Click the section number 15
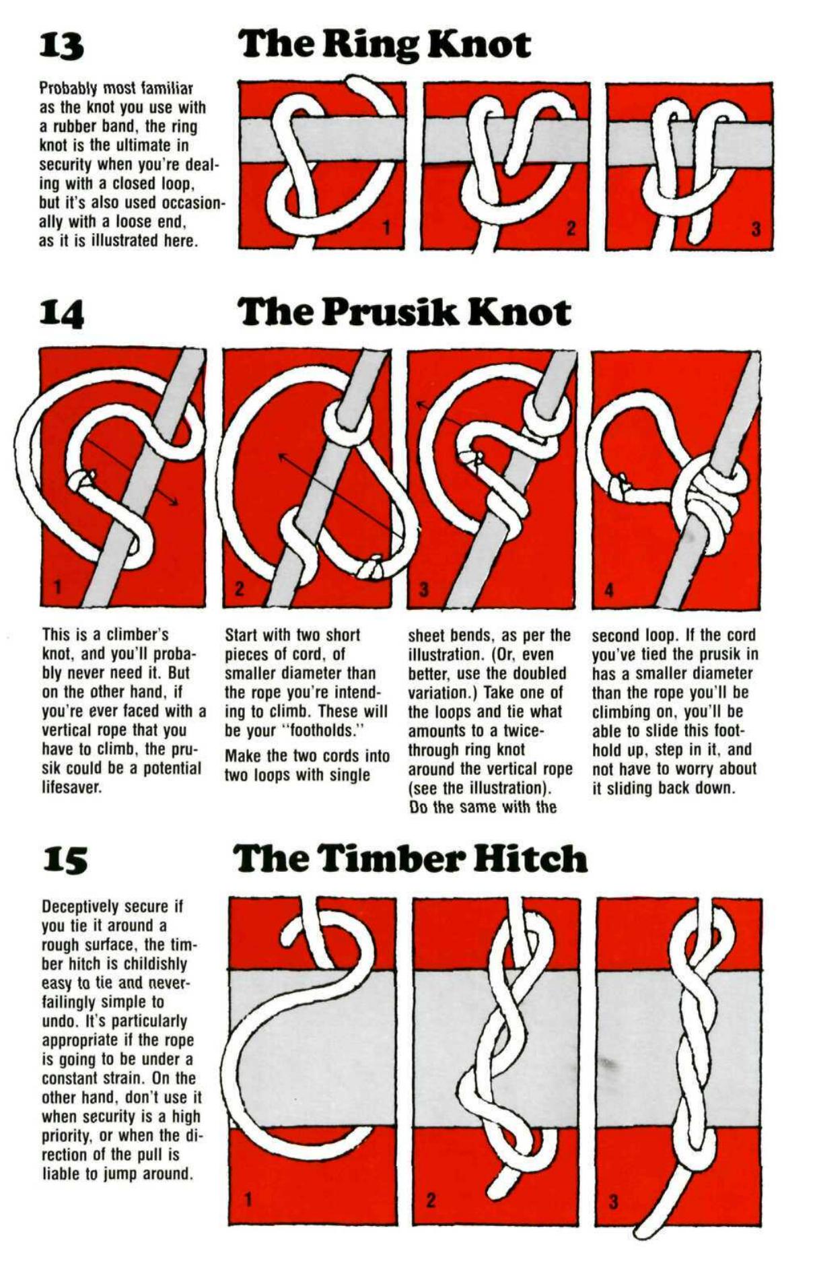pos(65,860)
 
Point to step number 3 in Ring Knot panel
pos(755,229)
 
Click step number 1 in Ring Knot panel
pos(386,228)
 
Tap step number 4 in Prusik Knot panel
pos(609,590)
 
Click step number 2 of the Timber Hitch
pos(431,1199)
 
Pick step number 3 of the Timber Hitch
pos(613,1200)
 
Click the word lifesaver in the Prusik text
pos(72,787)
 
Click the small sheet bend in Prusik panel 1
pos(81,480)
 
